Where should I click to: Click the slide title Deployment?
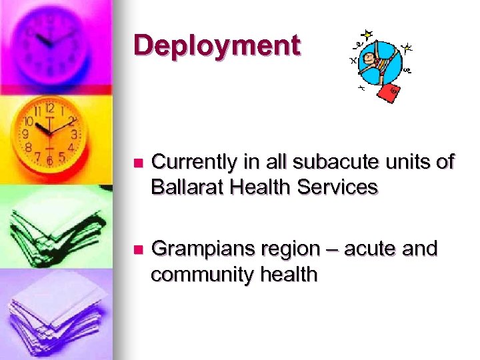click(217, 46)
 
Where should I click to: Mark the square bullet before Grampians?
click(138, 250)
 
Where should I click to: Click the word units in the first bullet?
click(401, 162)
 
